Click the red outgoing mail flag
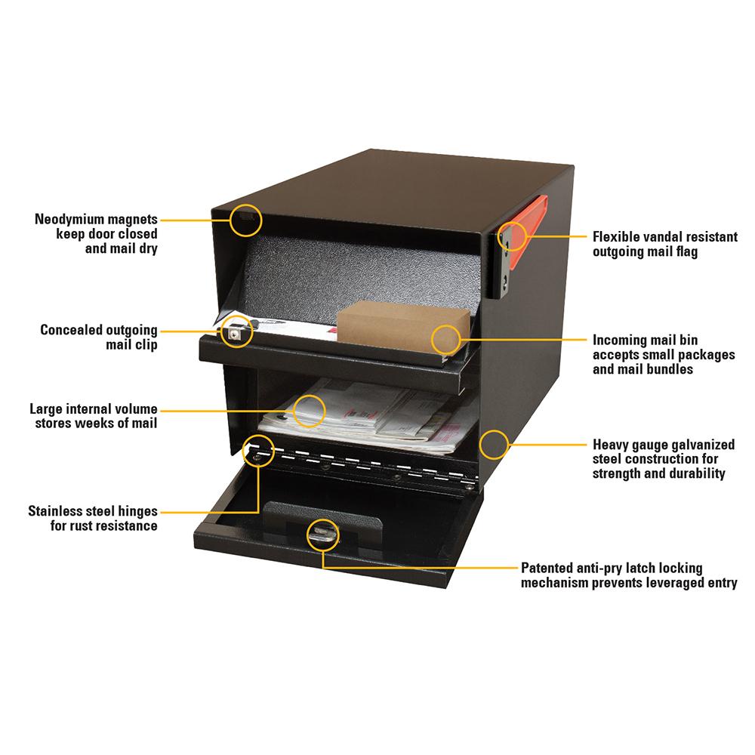(537, 215)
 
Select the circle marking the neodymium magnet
(247, 219)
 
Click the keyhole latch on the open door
(322, 534)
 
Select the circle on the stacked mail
(309, 411)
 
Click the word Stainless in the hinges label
(58, 511)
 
